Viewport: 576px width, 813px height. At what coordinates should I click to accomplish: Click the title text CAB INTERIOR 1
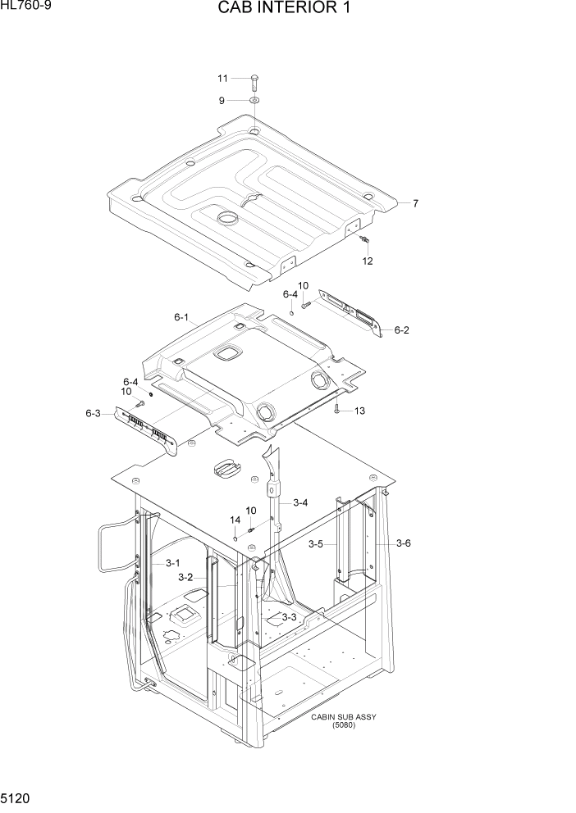click(287, 9)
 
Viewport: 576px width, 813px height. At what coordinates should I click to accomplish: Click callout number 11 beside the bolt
click(222, 79)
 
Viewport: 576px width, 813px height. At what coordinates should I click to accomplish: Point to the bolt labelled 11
click(254, 80)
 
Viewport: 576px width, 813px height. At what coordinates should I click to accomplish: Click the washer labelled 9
click(254, 101)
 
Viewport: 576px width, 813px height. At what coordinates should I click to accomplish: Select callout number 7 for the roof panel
click(415, 203)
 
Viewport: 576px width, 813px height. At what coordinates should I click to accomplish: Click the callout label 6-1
click(181, 317)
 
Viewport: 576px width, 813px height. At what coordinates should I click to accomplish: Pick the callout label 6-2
click(401, 330)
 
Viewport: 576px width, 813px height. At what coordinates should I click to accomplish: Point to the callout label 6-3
click(93, 413)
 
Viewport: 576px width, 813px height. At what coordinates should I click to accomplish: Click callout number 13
click(359, 411)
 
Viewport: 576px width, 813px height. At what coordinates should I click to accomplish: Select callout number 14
click(235, 520)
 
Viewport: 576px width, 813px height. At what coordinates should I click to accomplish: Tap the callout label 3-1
click(172, 563)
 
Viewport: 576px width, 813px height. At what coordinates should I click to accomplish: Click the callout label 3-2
click(185, 577)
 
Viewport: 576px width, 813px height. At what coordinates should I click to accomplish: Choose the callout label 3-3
click(289, 617)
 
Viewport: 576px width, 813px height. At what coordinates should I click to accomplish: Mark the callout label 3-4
click(300, 502)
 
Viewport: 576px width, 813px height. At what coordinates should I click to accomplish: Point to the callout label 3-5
click(316, 543)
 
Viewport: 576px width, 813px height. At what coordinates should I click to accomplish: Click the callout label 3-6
click(404, 543)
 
